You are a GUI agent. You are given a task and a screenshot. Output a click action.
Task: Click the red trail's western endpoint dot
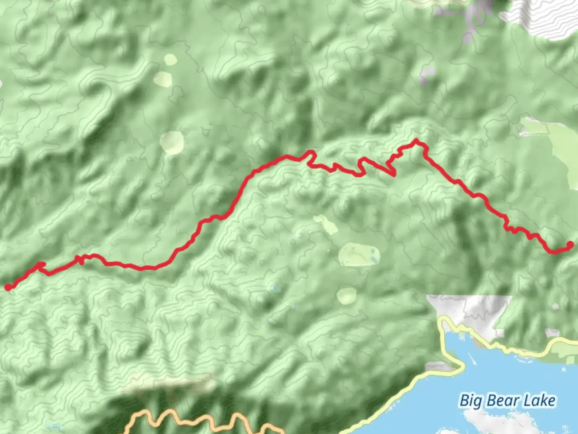[x=8, y=287]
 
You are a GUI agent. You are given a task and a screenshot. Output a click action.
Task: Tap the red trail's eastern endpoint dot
[x=570, y=245]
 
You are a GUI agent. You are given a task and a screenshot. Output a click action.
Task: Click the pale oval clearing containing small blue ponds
[x=359, y=255]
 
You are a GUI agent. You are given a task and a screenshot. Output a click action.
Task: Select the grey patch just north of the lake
[x=470, y=311]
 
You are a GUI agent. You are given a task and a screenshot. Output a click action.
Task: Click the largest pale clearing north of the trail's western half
[x=172, y=143]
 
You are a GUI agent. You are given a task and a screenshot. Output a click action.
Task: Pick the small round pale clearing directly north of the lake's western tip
[x=346, y=296]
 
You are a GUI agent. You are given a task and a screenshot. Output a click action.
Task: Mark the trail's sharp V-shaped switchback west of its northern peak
[x=393, y=174]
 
